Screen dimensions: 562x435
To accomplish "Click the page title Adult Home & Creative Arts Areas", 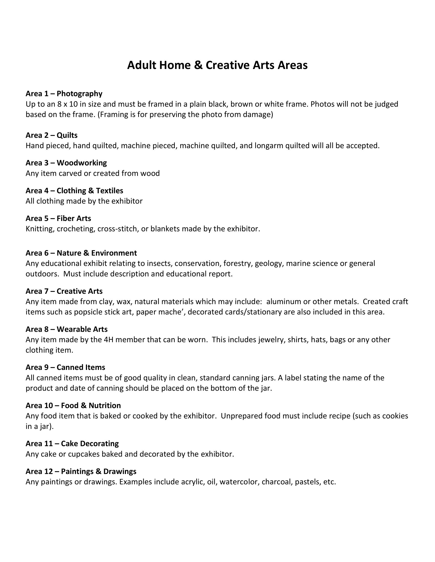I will tap(217, 65).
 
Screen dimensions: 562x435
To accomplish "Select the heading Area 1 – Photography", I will tap(64, 93).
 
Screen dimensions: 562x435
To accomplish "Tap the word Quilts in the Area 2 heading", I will tap(67, 135).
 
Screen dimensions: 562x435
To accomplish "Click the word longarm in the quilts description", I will tap(268, 146).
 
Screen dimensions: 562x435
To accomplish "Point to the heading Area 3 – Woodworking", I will tap(66, 163).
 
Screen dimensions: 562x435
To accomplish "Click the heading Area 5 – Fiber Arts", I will tap(58, 218).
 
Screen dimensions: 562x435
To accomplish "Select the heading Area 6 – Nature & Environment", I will tap(81, 253).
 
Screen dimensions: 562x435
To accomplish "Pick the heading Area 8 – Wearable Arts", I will tap(67, 329).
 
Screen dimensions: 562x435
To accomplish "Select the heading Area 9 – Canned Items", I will tap(65, 367).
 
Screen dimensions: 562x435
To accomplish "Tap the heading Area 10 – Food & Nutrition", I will tap(73, 405).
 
